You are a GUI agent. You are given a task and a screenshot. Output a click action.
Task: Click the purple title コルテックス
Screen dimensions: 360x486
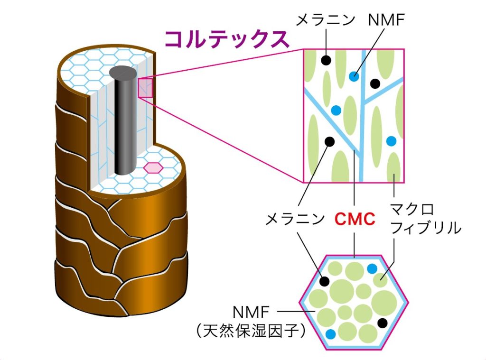227,39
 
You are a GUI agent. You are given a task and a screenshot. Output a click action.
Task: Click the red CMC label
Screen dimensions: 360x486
355,219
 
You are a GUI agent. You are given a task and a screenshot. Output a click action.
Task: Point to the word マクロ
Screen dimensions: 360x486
412,210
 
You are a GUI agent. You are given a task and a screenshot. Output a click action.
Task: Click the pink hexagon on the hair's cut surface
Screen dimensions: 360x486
154,167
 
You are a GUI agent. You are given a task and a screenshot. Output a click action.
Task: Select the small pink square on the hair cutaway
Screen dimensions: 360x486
145,88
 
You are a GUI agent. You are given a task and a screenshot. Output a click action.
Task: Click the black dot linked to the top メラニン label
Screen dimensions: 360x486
326,60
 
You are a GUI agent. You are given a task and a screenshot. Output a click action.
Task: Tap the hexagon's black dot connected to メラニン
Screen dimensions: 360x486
324,281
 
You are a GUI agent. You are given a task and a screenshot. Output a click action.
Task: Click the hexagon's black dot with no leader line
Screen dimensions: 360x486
382,323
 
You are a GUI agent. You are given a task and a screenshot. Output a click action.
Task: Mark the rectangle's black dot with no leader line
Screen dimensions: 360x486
375,84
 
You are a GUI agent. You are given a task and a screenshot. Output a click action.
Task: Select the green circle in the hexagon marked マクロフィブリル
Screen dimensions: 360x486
380,280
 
